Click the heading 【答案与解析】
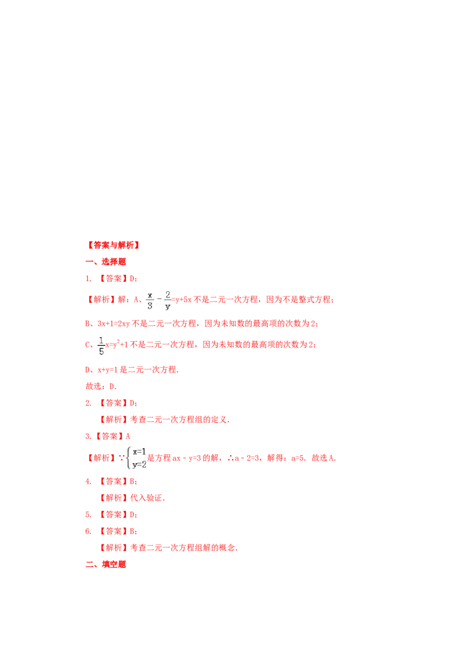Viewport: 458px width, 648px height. point(113,245)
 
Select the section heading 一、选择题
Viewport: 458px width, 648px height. point(105,262)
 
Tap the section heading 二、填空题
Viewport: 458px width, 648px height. point(105,564)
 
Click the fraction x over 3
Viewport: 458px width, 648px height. point(149,301)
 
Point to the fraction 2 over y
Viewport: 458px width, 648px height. point(167,301)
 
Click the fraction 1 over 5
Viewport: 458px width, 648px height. point(101,346)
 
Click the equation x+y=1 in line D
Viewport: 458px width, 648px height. point(108,370)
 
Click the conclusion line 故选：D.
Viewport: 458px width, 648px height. point(101,386)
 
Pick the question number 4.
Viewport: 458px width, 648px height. point(88,481)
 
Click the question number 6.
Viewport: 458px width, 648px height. point(88,531)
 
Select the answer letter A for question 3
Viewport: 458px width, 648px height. point(128,436)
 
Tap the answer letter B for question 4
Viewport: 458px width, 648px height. point(132,481)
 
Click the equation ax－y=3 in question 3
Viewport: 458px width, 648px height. point(187,458)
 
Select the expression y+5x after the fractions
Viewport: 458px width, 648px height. point(184,300)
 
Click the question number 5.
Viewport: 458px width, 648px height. point(88,515)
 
